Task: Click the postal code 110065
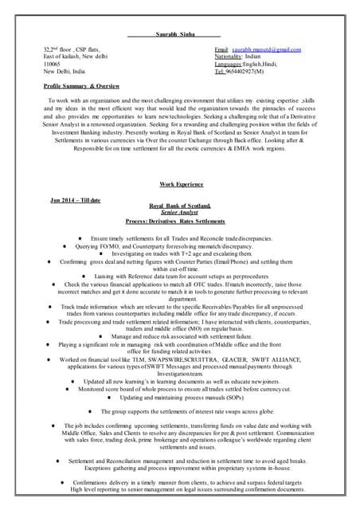pyautogui.click(x=53, y=64)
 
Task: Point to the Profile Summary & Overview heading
pyautogui.click(x=81, y=84)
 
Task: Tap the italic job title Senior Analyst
pyautogui.click(x=178, y=213)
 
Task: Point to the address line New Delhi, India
pyautogui.click(x=65, y=71)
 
